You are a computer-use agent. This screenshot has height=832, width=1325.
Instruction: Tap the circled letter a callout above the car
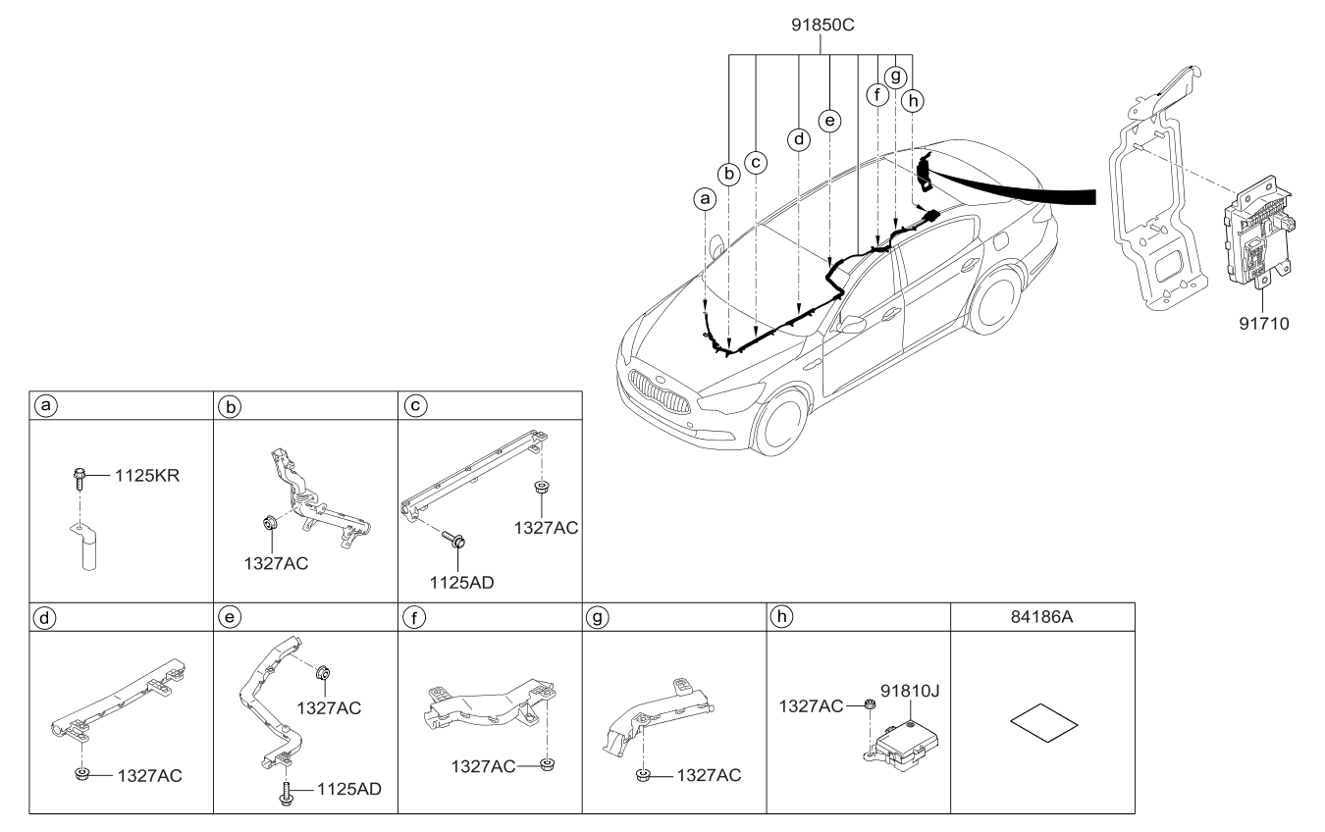coord(703,199)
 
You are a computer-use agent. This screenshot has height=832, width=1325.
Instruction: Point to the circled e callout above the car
coord(830,120)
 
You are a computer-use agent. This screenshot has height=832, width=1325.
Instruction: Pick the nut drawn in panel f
coord(546,764)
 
